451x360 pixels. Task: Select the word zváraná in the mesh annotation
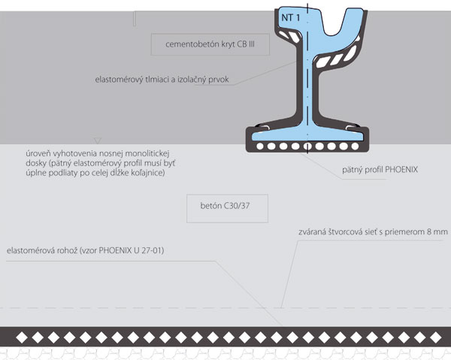tap(315, 233)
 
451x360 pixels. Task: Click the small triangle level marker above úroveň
tap(96, 141)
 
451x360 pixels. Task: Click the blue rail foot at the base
tap(307, 135)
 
